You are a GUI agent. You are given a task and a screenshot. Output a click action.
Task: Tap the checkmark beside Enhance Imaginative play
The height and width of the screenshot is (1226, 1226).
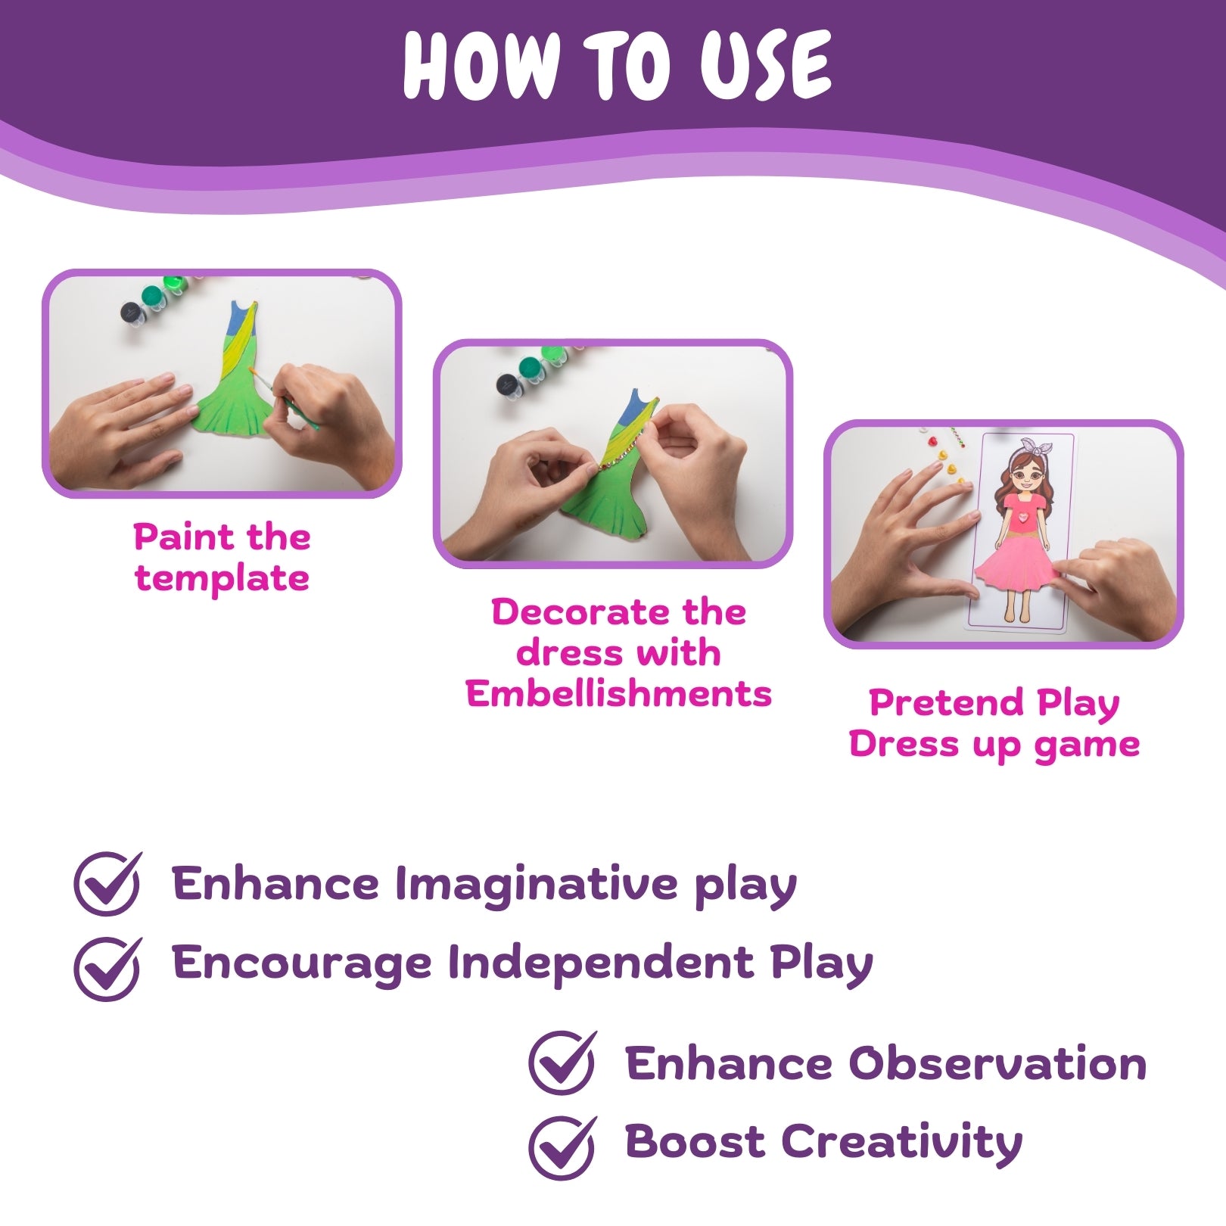108,883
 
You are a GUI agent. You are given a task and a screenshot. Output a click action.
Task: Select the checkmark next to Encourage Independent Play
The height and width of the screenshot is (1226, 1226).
108,968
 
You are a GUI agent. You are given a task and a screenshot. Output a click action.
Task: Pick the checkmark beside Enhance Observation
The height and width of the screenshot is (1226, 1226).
562,1062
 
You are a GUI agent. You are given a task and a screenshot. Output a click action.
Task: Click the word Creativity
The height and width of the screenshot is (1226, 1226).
901,1142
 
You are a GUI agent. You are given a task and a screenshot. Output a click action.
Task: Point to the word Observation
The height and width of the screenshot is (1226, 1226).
997,1063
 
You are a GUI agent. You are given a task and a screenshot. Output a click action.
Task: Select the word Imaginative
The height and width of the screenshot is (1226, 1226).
536,883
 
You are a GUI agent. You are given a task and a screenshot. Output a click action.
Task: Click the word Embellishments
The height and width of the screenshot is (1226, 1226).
618,694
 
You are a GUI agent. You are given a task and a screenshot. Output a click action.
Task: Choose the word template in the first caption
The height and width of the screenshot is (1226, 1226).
222,579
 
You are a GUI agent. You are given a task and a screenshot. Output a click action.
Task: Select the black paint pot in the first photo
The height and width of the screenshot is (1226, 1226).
132,312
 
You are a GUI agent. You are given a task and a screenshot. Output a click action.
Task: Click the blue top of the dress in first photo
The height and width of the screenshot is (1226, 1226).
242,315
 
